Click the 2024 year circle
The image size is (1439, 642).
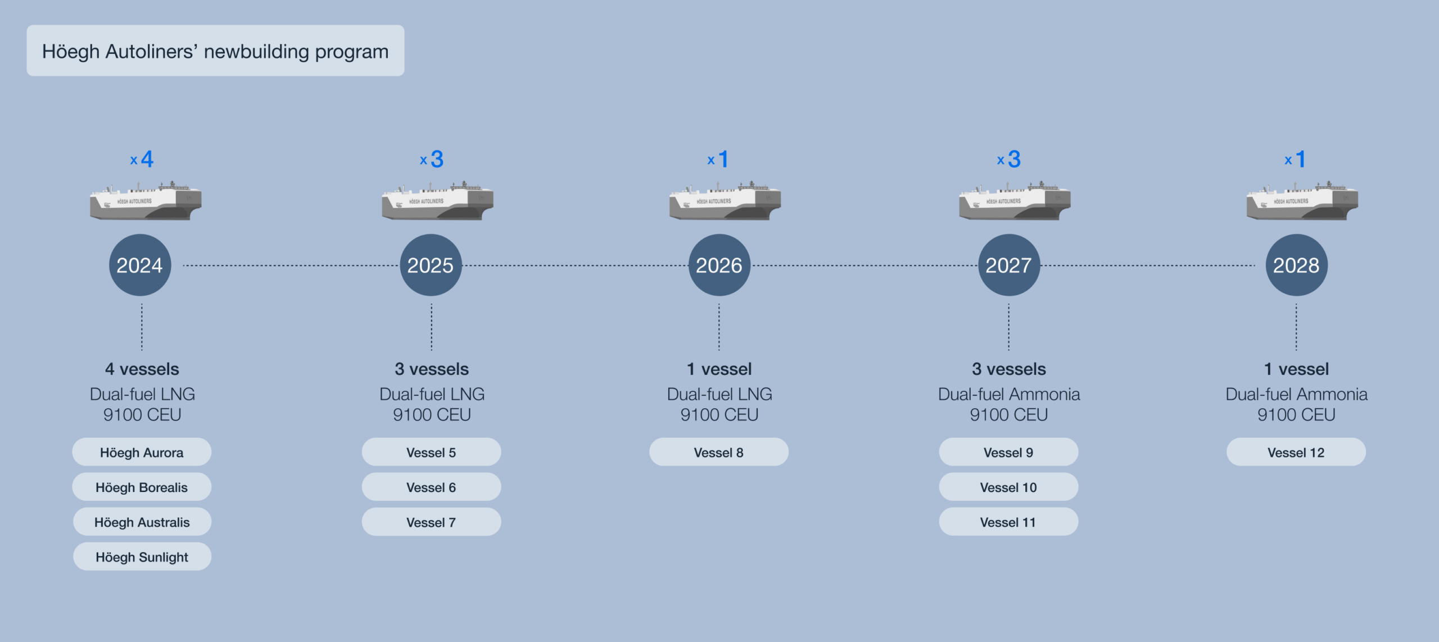(x=140, y=265)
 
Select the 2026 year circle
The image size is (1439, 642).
(x=719, y=265)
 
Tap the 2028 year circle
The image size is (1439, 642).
(x=1296, y=265)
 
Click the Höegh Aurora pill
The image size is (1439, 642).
(x=142, y=452)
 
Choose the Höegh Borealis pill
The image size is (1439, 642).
(x=142, y=487)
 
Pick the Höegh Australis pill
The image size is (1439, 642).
(x=142, y=522)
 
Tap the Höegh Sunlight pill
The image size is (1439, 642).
(x=142, y=557)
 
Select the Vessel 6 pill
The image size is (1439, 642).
(x=431, y=487)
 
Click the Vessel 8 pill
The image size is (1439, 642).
(x=719, y=452)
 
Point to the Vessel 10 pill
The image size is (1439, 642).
(x=1008, y=487)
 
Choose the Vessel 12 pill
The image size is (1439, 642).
(x=1296, y=452)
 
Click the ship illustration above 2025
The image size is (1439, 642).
(x=437, y=201)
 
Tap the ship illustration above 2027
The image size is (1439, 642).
(x=1015, y=201)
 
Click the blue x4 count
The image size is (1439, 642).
(x=142, y=159)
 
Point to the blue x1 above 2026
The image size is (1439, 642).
(x=718, y=159)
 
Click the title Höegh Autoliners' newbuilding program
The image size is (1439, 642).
(x=215, y=51)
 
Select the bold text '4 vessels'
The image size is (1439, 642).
(x=142, y=369)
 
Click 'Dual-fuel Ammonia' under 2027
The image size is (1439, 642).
(x=1009, y=394)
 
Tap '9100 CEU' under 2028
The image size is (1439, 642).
(x=1296, y=415)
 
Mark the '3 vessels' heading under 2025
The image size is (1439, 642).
(x=432, y=369)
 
